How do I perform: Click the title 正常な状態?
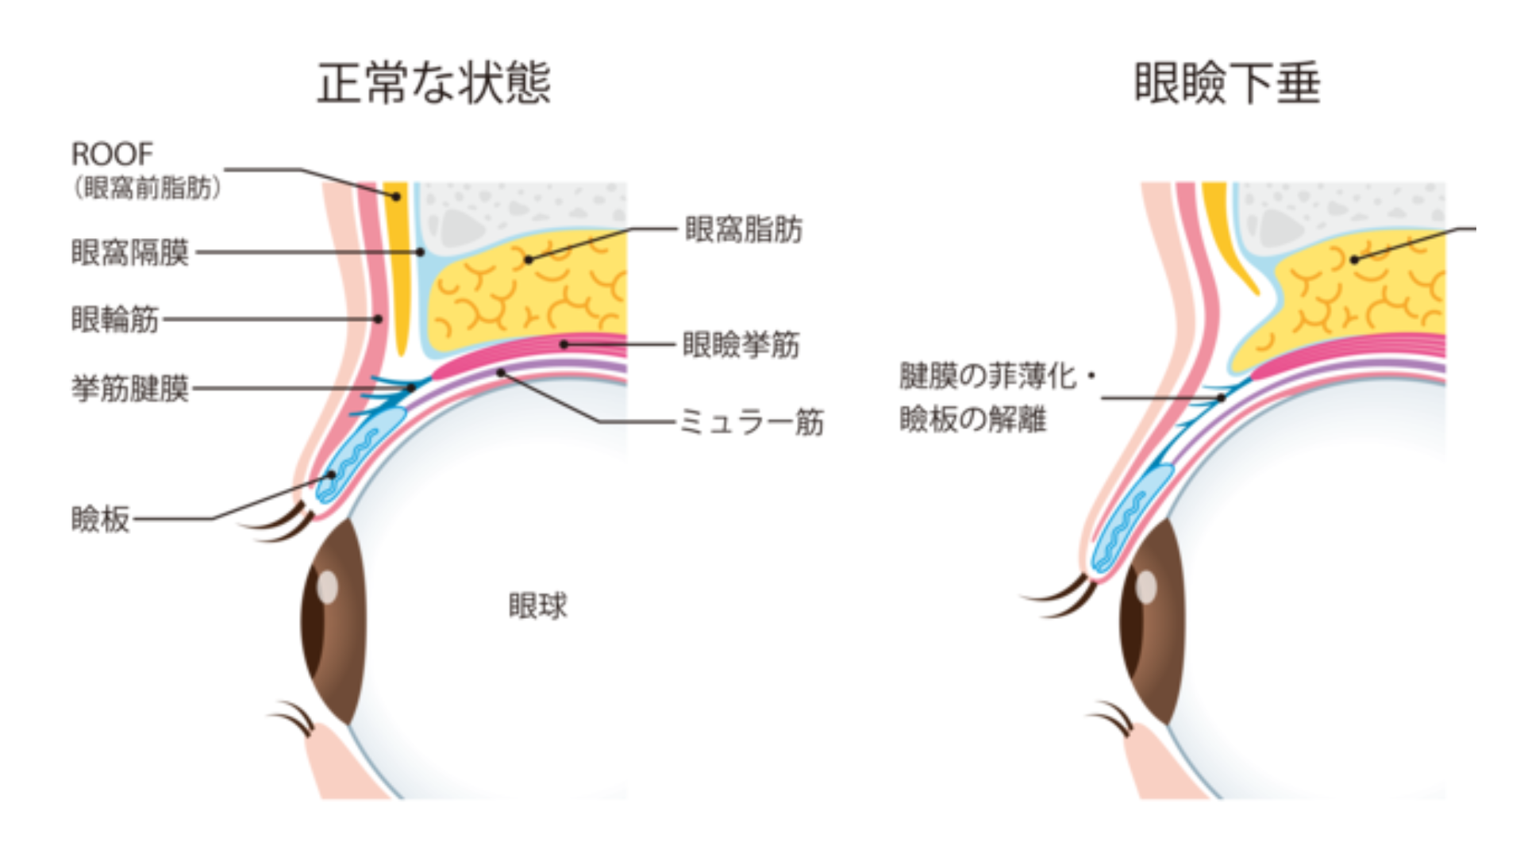pyautogui.click(x=433, y=83)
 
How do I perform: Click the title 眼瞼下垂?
pyautogui.click(x=1226, y=83)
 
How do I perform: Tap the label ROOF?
pyautogui.click(x=112, y=154)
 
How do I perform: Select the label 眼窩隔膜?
pyautogui.click(x=130, y=253)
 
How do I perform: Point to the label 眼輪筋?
pyautogui.click(x=115, y=320)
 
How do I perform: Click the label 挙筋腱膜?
pyautogui.click(x=130, y=389)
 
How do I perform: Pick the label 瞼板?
pyautogui.click(x=100, y=520)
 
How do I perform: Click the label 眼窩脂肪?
pyautogui.click(x=744, y=229)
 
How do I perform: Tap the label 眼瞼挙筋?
pyautogui.click(x=741, y=345)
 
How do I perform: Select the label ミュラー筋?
pyautogui.click(x=751, y=422)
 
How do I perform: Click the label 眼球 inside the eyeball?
pyautogui.click(x=537, y=606)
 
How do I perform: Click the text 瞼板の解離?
pyautogui.click(x=972, y=419)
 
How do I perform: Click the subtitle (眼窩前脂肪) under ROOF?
pyautogui.click(x=147, y=188)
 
